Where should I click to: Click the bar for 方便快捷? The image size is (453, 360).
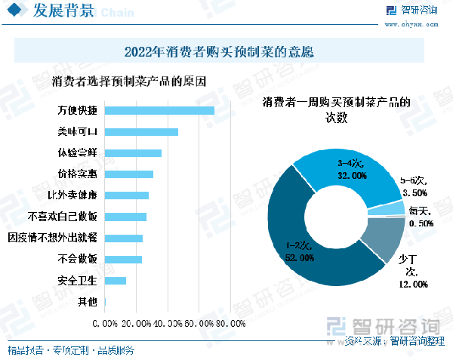[x=159, y=110]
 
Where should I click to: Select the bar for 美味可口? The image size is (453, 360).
[x=141, y=132]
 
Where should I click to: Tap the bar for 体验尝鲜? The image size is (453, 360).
[x=133, y=153]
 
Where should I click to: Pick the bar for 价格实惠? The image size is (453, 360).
[x=128, y=174]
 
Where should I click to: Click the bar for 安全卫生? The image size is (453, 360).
[x=115, y=281]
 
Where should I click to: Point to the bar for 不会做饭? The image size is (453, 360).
[x=123, y=260]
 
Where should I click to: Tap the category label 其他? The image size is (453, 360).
[x=88, y=303]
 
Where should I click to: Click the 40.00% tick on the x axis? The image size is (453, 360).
[x=167, y=324]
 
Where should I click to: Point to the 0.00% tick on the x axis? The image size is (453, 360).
[x=105, y=324]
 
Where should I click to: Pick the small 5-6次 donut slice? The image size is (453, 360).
[x=396, y=208]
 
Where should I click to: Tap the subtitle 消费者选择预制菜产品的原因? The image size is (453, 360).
[x=129, y=82]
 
